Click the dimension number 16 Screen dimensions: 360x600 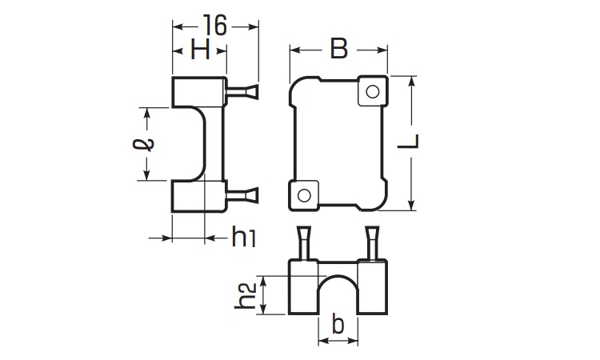[x=216, y=24]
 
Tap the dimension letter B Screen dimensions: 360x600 [x=339, y=50]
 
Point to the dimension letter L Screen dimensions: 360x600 [x=410, y=142]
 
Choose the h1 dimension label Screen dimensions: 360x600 [x=243, y=237]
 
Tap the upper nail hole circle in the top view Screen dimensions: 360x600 [x=371, y=92]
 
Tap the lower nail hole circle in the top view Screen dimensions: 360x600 [x=304, y=194]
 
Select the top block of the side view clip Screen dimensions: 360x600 [x=197, y=92]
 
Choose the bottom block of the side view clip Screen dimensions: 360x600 [x=197, y=197]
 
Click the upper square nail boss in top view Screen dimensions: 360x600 [x=371, y=92]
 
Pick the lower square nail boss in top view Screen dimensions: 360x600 [x=304, y=194]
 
